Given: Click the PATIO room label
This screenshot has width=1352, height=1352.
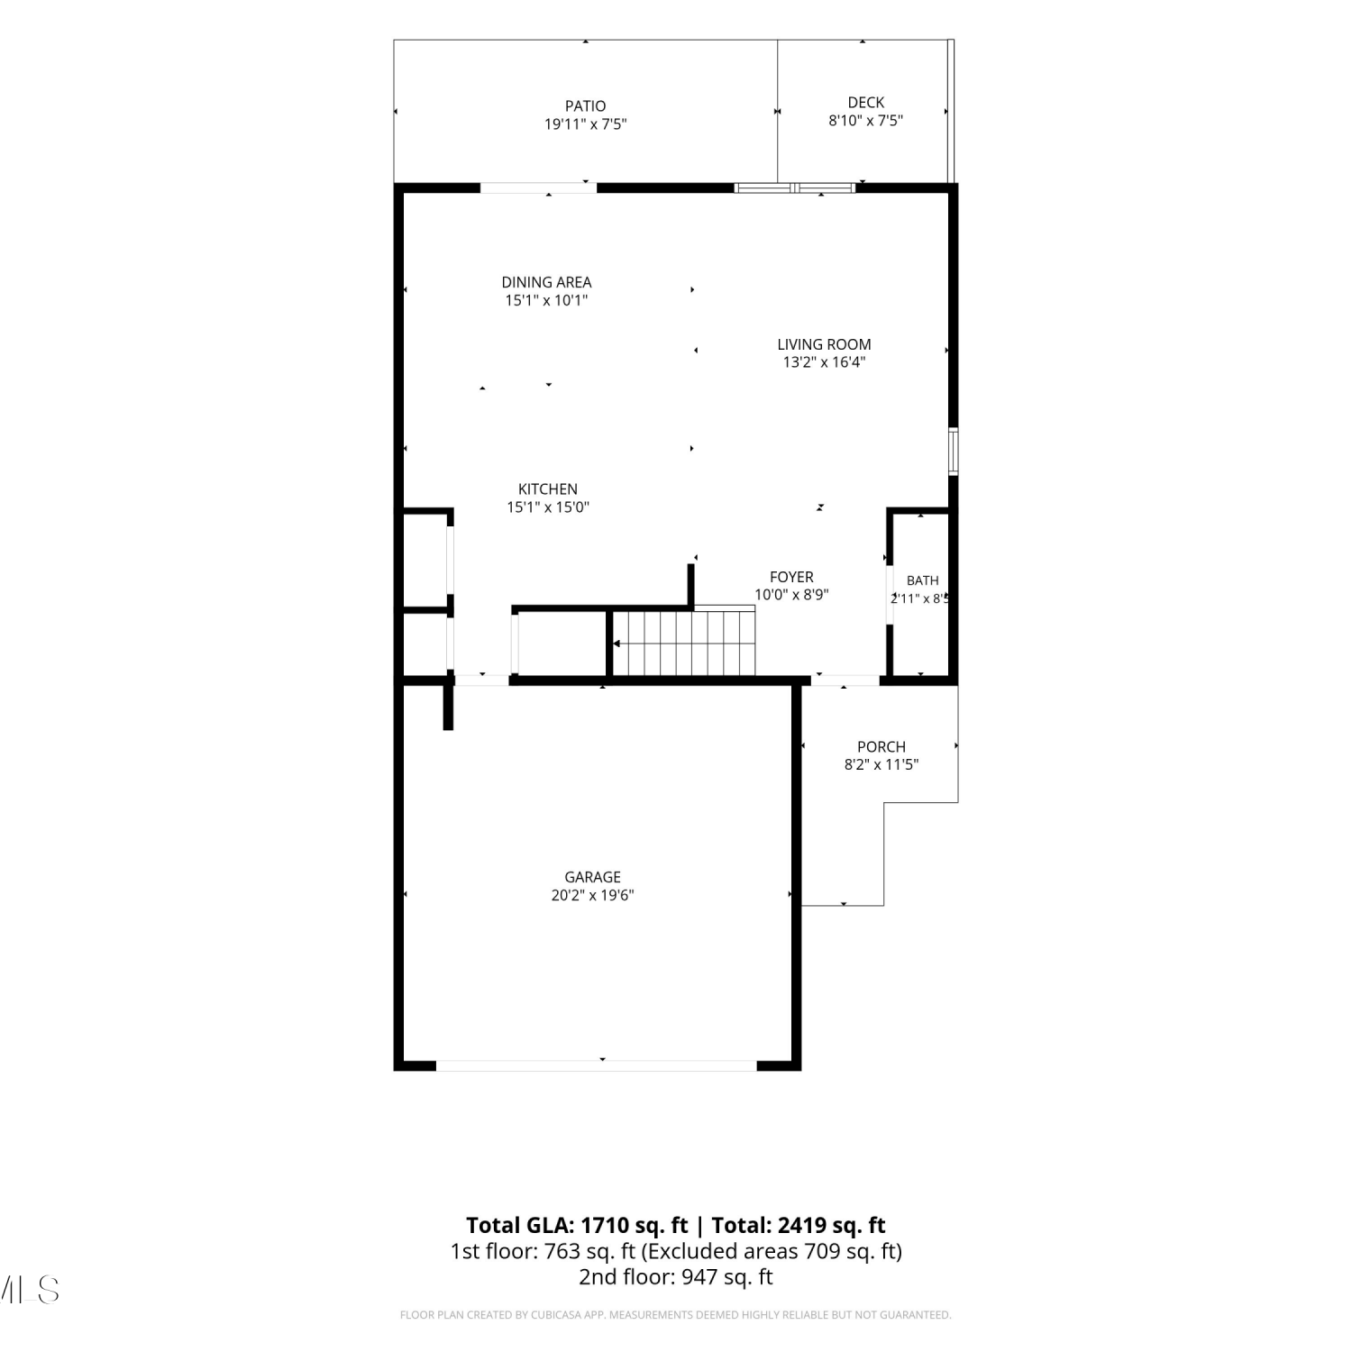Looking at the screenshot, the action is pos(586,106).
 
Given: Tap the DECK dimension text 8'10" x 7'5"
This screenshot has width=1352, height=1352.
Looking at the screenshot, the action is pos(865,121).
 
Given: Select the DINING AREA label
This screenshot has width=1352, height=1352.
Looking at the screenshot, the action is pos(546,283).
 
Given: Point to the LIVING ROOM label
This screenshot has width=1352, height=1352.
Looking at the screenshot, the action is pos(824,344).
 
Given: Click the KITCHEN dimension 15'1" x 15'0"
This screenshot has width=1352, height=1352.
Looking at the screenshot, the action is pos(548,507).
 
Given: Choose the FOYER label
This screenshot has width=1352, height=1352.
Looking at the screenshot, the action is pos(791,577).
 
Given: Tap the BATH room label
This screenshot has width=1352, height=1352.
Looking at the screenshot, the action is pos(922,580).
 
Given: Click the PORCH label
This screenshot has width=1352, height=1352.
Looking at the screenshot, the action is pos(882,747).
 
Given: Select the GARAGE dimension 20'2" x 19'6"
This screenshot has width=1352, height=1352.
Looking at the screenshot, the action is pos(592,896).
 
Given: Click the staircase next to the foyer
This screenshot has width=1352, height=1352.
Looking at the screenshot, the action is pos(683,642).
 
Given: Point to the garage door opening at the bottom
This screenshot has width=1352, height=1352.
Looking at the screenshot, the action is pos(597,1065).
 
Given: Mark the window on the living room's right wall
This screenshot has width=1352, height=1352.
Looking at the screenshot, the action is pos(954,452).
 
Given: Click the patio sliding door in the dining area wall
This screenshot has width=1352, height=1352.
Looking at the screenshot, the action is pos(538,188).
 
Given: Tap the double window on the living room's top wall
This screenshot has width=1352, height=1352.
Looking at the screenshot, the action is pos(794,188).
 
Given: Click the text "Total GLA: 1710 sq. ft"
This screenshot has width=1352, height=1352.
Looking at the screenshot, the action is pos(577,1226).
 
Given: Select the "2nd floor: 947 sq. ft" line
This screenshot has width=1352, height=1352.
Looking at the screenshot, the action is pos(676,1277).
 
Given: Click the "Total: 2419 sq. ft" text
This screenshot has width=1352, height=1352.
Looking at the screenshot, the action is pos(799,1226).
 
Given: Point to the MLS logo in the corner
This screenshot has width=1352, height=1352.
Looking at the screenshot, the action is pos(29,1290).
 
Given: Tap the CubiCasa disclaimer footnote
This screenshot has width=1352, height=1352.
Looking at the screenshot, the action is pos(676,1315).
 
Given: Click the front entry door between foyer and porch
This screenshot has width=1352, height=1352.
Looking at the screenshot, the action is pos(845,681).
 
